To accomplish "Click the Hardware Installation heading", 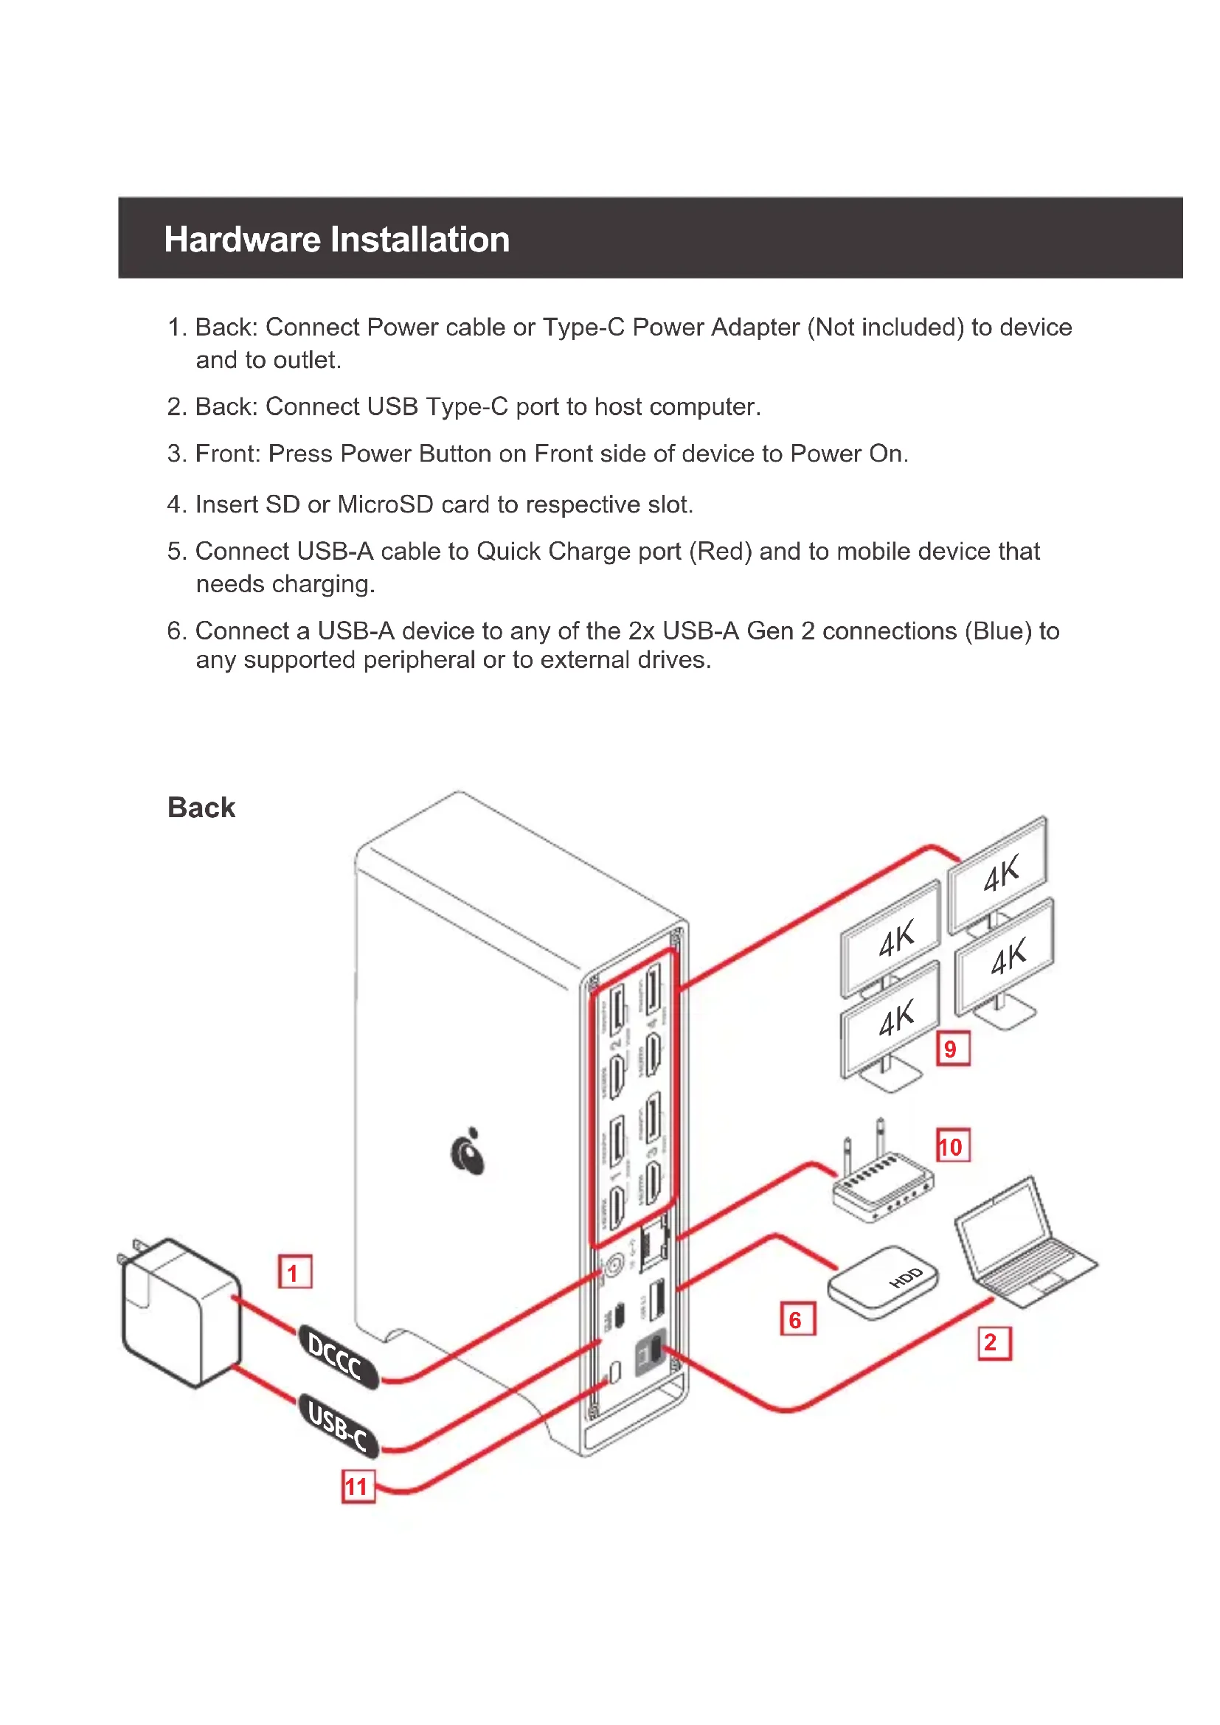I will (x=336, y=240).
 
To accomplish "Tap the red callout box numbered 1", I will (x=294, y=1271).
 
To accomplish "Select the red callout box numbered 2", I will (x=994, y=1342).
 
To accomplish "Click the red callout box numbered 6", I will (x=797, y=1319).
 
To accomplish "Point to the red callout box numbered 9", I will (x=952, y=1049).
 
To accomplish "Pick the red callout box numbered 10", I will (x=952, y=1146).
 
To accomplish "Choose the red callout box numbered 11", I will (x=358, y=1485).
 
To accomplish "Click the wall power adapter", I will (x=180, y=1311).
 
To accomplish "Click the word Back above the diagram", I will (x=201, y=808).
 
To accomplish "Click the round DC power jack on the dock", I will (x=614, y=1267).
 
